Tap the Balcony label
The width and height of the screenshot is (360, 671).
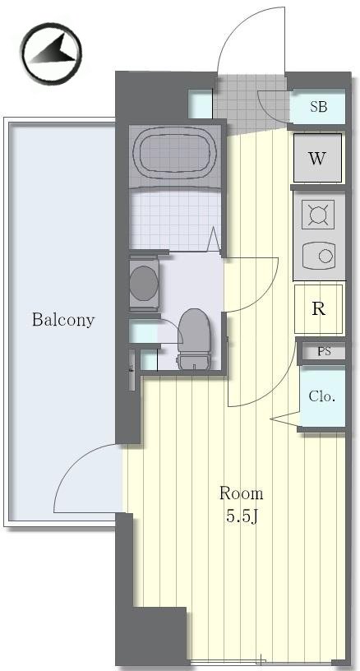click(63, 320)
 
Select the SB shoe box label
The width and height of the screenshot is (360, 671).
click(319, 107)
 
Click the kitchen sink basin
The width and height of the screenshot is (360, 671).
click(319, 257)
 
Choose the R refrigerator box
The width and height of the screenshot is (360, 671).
click(319, 309)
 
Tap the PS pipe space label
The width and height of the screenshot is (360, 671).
click(324, 352)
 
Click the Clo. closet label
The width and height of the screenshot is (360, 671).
click(321, 396)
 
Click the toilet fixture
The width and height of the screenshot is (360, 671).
click(195, 339)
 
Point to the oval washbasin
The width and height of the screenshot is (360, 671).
click(144, 283)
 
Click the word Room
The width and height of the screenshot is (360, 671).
click(241, 493)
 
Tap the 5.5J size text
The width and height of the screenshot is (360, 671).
click(242, 517)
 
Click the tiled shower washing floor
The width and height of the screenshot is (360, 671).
click(174, 220)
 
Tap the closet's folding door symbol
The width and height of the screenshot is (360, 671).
click(285, 419)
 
